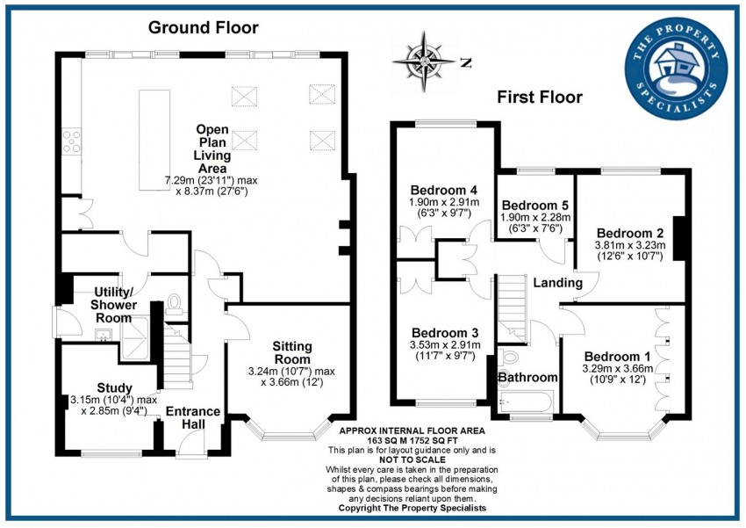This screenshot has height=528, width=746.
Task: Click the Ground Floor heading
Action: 202,26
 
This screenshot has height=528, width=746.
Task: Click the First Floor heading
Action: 539,97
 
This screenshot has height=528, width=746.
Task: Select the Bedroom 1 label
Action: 618,355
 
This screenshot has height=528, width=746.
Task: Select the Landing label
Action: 557,283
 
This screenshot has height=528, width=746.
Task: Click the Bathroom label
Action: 527,377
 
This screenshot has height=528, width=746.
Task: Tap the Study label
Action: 114,387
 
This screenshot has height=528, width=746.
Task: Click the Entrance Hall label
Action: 193,417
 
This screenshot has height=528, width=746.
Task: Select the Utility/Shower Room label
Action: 114,304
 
